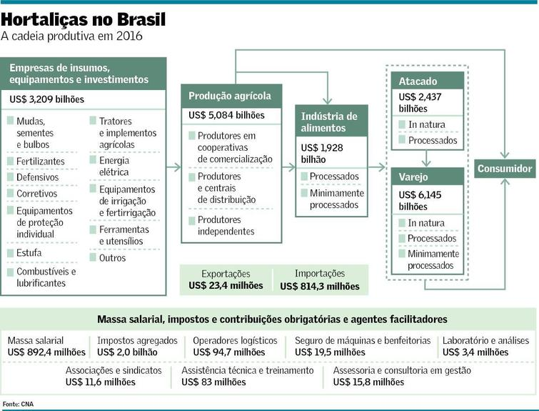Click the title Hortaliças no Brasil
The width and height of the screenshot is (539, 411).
[84, 19]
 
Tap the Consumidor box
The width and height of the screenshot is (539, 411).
[505, 169]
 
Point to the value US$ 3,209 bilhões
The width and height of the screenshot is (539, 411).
[46, 99]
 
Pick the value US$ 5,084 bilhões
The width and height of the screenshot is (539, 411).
[226, 115]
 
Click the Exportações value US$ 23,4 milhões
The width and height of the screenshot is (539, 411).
[226, 286]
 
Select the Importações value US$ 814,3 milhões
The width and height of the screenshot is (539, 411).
[320, 287]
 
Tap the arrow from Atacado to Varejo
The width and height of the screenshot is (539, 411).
[426, 159]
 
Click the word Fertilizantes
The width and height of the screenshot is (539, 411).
[41, 161]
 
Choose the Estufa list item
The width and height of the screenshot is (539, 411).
[29, 253]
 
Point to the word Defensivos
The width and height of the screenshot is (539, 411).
[37, 177]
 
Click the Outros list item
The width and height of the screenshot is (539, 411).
[112, 258]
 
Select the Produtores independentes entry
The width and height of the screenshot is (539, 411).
[226, 225]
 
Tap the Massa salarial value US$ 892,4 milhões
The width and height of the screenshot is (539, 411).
[46, 352]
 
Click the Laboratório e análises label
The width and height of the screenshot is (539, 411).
[485, 340]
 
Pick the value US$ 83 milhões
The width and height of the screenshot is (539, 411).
[213, 382]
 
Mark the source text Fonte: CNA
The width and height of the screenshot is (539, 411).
[18, 404]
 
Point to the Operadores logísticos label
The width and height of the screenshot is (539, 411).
[235, 340]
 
